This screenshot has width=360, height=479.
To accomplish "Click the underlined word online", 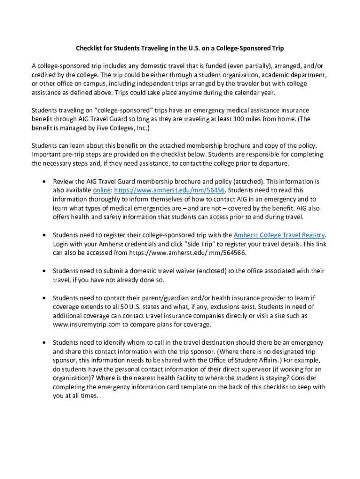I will [x=102, y=190].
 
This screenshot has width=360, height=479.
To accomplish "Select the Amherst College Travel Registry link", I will [x=279, y=235].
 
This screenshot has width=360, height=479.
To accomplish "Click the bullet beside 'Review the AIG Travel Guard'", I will [x=43, y=181].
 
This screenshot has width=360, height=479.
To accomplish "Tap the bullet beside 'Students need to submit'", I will [x=43, y=271].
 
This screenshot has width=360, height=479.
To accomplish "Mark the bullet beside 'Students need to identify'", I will [x=43, y=343].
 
